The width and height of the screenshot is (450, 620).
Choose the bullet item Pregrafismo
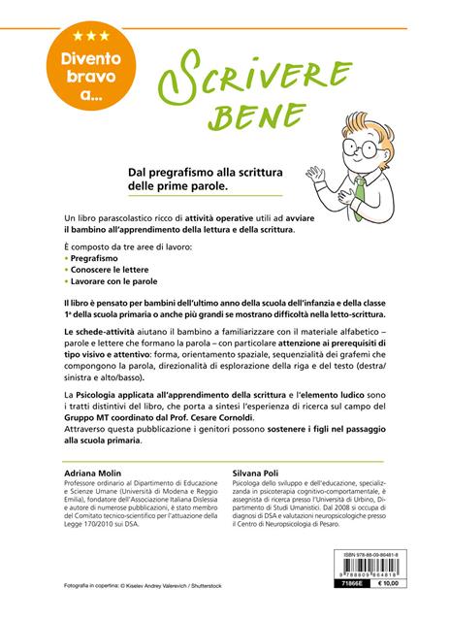pos(100,263)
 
